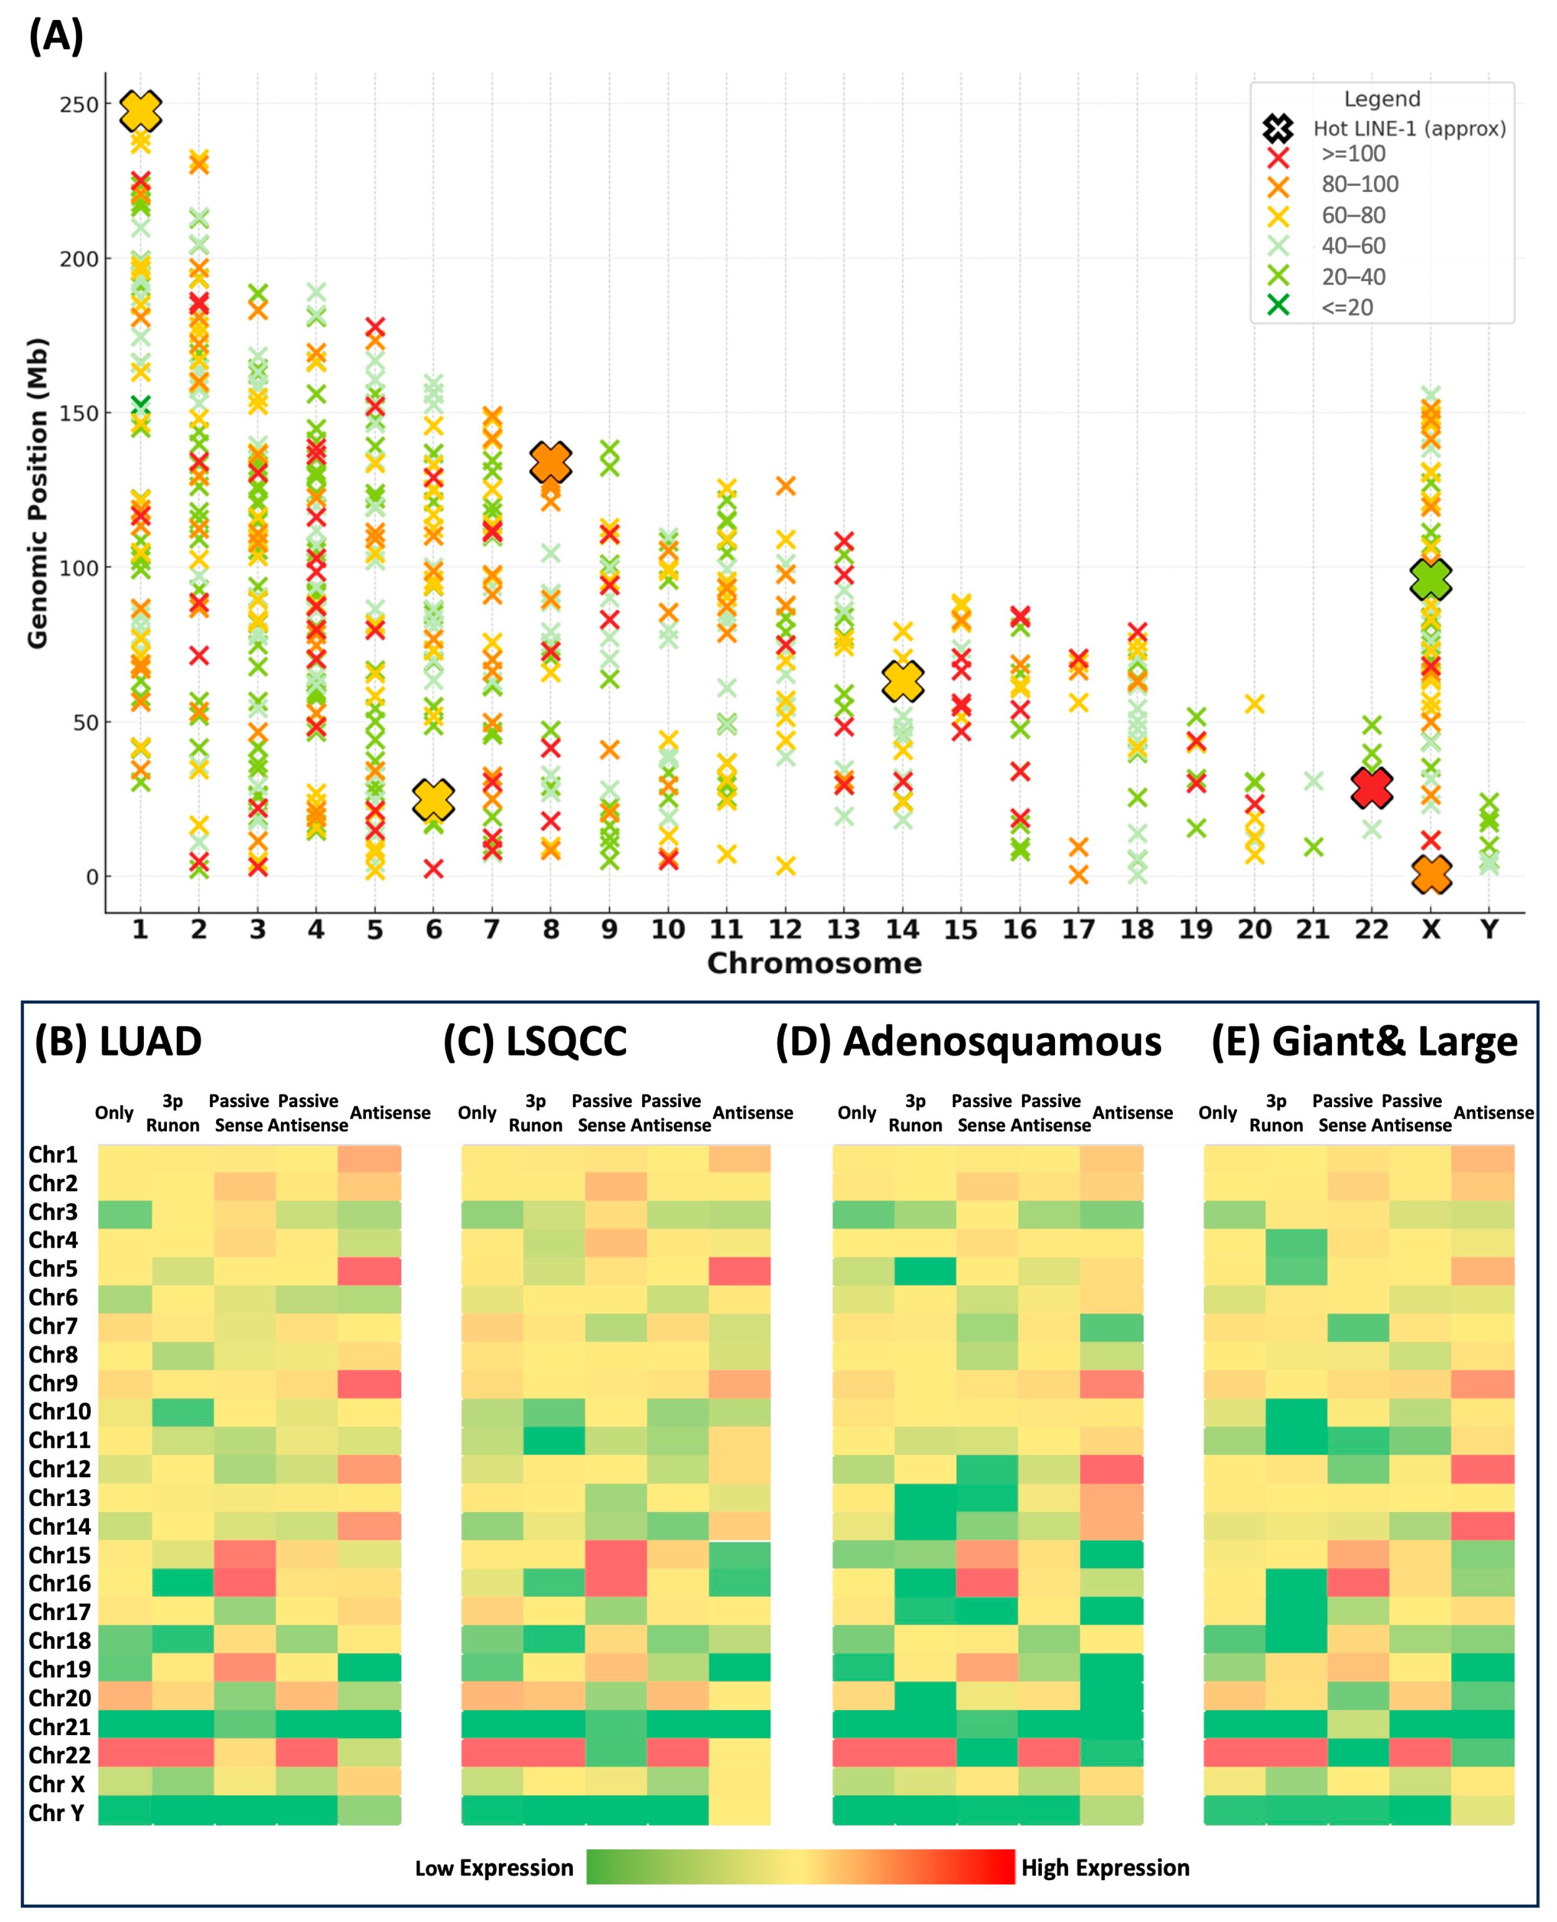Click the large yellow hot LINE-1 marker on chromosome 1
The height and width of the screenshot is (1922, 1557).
141,110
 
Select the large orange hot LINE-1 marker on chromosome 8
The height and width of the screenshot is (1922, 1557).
550,463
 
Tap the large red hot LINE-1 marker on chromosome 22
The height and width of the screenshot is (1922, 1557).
1371,787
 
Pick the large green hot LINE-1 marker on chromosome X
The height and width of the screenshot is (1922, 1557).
1430,579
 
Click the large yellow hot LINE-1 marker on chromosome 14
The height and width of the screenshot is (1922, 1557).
902,681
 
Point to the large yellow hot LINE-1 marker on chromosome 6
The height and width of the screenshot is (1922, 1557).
433,799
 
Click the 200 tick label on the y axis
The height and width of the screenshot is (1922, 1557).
79,259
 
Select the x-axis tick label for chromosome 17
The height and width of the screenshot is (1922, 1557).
1078,929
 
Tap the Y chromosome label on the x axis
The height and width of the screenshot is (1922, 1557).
1489,929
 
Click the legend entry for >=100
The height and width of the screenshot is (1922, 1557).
1352,154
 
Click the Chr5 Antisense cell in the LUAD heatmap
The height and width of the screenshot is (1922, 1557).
369,1271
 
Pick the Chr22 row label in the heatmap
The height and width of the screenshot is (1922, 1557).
59,1755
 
